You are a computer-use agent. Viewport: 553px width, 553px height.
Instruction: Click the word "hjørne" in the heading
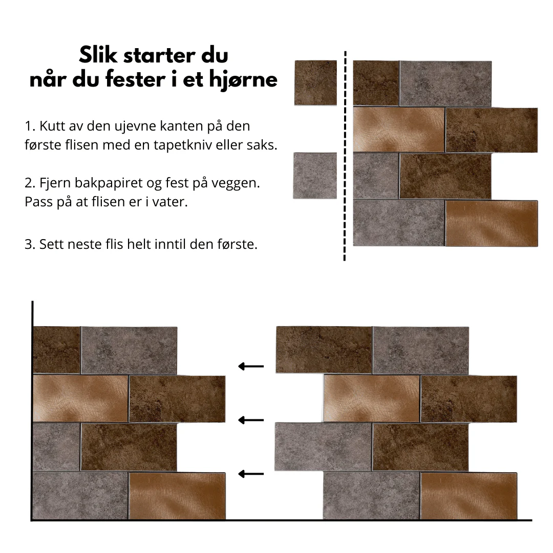coord(243,80)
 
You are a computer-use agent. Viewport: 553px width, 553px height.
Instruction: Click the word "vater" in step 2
coord(169,202)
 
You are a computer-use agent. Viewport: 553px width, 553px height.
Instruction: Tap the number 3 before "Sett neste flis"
coord(29,244)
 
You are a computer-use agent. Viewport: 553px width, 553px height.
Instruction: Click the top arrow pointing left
coord(251,367)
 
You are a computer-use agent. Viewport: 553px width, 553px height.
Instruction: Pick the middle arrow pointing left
coord(251,420)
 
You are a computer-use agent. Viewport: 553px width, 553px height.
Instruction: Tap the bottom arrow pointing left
coord(251,474)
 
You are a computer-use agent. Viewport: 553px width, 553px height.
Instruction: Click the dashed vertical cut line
coord(345,156)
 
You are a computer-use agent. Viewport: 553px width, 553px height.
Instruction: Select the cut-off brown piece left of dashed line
coord(315,83)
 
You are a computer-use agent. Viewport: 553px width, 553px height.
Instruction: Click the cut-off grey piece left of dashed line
coord(315,176)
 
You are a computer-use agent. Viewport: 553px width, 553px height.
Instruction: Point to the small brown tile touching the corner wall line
coord(57,350)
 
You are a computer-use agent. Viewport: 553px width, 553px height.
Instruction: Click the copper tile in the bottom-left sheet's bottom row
coord(177,496)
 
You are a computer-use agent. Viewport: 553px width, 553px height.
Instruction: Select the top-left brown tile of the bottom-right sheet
coord(324,350)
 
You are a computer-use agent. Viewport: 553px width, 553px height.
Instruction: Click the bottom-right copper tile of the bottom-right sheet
coord(469,496)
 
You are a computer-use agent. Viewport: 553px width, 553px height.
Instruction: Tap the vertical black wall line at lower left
coord(32,410)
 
